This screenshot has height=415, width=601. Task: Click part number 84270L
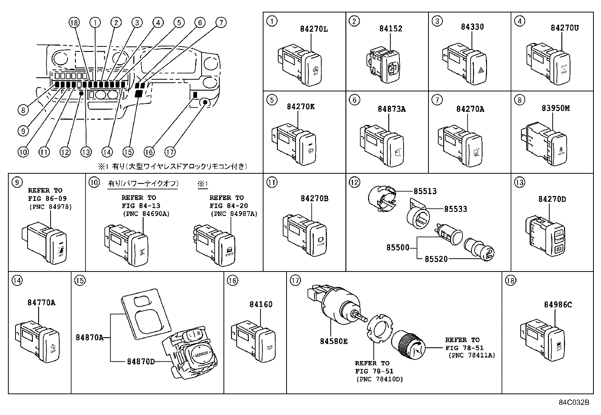point(314,29)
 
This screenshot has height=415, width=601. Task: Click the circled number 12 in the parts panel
point(354,182)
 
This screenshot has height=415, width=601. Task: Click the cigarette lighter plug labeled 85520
point(480,250)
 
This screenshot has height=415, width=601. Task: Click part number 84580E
point(334,341)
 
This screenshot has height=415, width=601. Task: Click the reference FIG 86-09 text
point(47,199)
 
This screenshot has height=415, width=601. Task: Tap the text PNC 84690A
point(146,214)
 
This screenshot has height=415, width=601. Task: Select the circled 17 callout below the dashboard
point(170,152)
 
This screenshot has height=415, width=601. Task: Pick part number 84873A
point(391,109)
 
